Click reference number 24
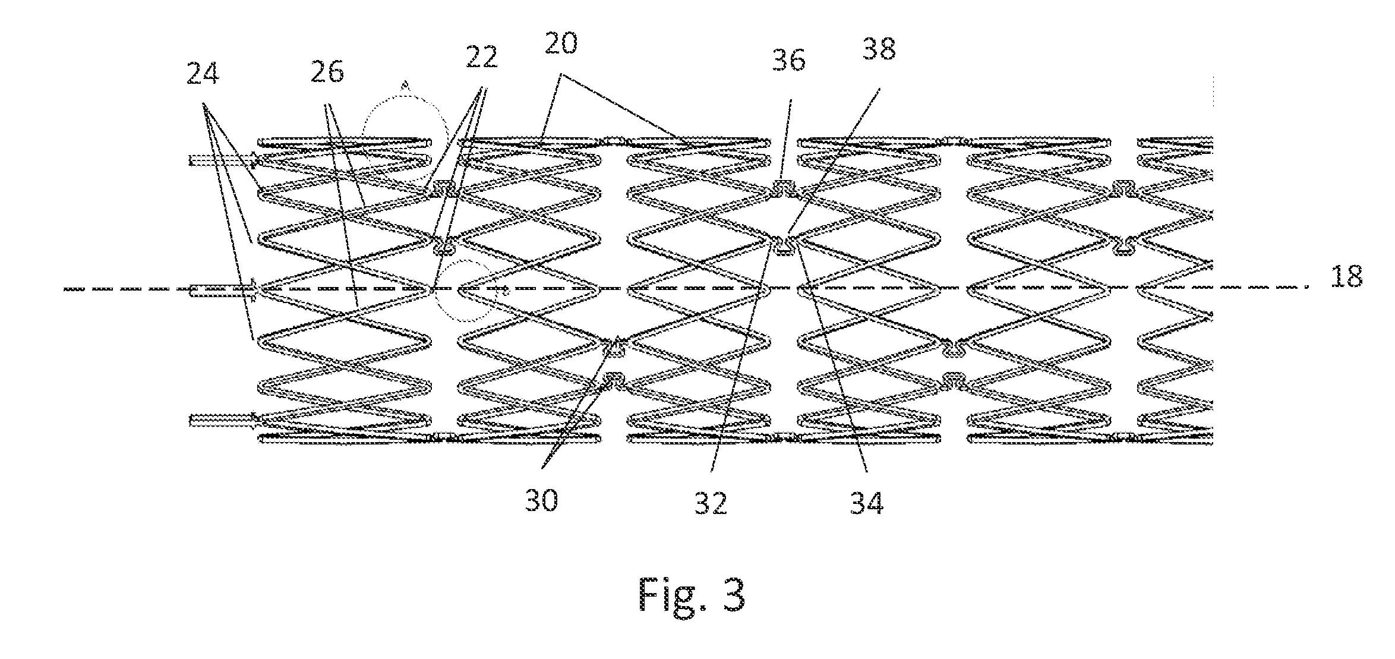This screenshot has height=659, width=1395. (203, 75)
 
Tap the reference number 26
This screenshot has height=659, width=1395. (327, 72)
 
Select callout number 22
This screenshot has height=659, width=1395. (481, 58)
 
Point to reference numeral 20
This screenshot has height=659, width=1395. (560, 44)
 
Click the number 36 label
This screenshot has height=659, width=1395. (789, 61)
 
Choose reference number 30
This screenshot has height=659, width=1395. (541, 501)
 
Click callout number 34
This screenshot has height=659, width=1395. (867, 503)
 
